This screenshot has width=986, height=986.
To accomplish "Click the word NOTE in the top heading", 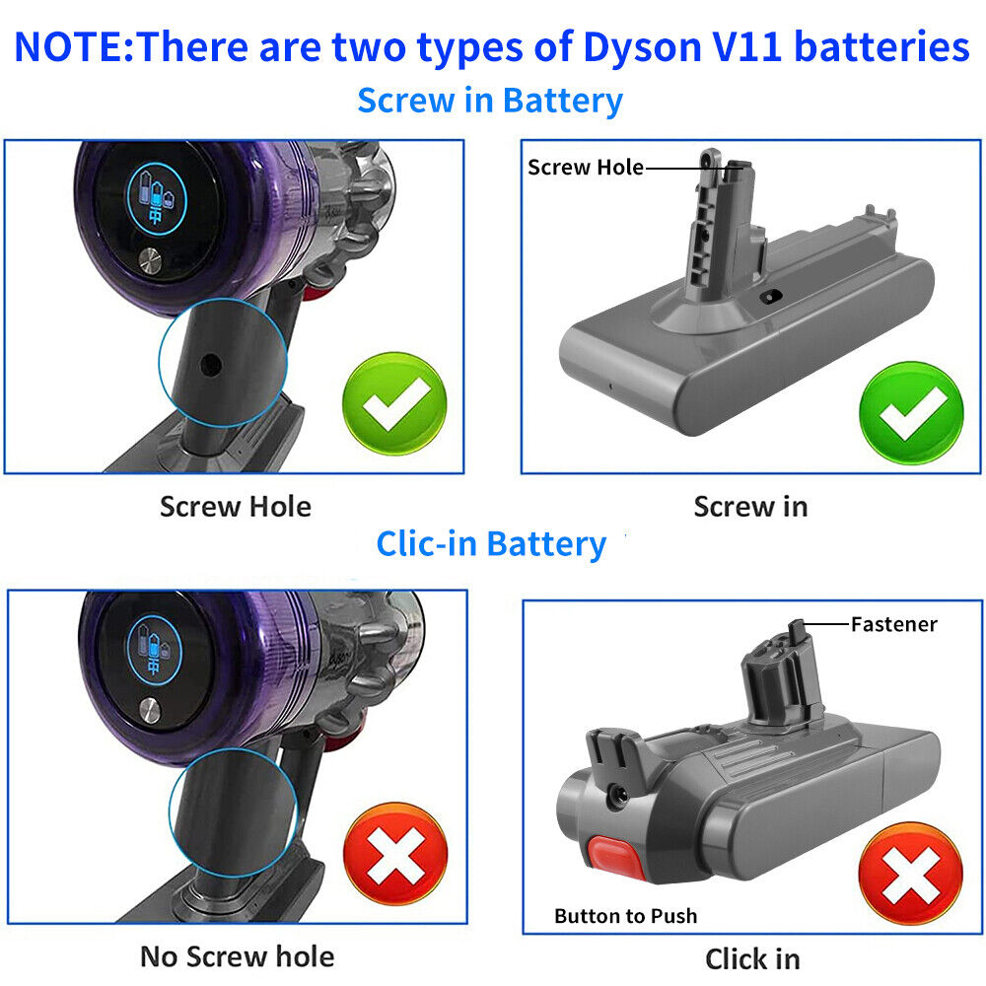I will coord(69,47).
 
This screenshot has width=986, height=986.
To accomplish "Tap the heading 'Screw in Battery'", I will coord(490,101).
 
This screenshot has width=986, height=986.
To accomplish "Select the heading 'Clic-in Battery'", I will coord(491,544).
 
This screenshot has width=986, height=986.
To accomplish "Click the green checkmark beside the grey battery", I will coord(910,412).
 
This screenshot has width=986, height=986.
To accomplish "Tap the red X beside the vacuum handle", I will coord(394,855).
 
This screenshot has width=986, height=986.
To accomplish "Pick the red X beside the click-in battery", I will coord(909,873).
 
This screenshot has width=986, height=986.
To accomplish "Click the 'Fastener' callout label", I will coord(893,624).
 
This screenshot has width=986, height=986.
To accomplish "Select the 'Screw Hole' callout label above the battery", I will coord(585,168).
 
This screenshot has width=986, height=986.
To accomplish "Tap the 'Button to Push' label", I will coord(625,916).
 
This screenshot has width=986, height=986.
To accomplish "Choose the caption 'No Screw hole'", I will coord(237,955).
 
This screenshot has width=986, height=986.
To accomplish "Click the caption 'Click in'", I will coord(751,958).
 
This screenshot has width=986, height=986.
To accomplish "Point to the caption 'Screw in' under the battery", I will coord(750,507).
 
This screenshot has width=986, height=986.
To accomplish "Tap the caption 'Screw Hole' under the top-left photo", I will coord(235,507).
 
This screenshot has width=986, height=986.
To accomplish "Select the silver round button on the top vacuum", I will coord(151,261).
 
